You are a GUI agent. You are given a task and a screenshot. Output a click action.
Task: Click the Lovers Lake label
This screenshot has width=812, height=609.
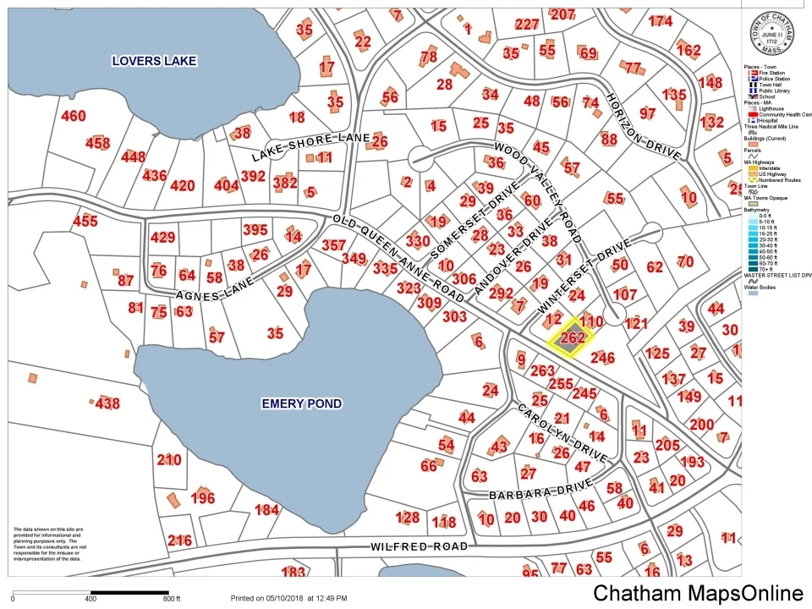(x=155, y=61)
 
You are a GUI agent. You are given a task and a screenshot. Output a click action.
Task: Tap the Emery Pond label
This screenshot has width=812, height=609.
(x=301, y=403)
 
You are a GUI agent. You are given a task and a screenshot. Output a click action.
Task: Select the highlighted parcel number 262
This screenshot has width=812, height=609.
(x=573, y=337)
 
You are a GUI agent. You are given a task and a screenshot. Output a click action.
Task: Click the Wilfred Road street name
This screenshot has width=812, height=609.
(x=419, y=547)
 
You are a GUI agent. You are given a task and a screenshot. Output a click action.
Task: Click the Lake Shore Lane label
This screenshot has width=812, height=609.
(x=310, y=148)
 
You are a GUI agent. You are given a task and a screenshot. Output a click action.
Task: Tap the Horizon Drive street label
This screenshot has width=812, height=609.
(x=643, y=127)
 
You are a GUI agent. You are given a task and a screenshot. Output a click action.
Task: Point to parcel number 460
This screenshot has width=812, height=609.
(x=74, y=116)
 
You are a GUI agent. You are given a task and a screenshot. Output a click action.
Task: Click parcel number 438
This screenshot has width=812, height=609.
(x=107, y=403)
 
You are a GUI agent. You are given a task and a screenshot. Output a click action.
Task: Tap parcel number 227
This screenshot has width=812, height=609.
(x=526, y=24)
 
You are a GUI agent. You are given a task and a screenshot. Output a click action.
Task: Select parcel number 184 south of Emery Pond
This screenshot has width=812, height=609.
(x=266, y=509)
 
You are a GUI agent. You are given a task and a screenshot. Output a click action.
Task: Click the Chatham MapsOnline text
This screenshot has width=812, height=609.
(x=697, y=593)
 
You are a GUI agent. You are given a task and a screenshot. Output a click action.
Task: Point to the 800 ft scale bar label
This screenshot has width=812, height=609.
(x=173, y=598)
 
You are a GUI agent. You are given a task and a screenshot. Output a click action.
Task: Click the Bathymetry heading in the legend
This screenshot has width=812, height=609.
(x=758, y=209)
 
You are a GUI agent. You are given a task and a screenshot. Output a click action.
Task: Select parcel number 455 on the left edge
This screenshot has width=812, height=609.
(x=85, y=222)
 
